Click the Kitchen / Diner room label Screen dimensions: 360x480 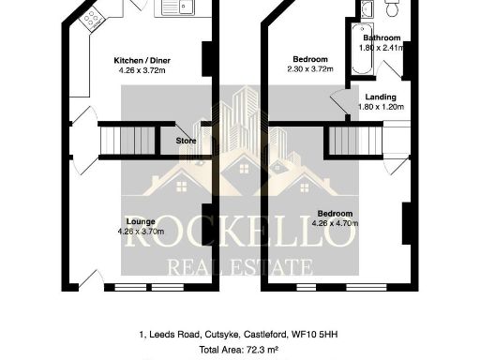(136, 58)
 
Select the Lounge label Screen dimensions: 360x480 (141, 221)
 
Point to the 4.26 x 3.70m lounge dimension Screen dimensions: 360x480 (141, 231)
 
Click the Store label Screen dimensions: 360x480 (187, 142)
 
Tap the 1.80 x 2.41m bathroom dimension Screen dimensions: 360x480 (382, 47)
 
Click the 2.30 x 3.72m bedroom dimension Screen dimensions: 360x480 (310, 68)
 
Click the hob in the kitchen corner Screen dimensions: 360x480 (92, 17)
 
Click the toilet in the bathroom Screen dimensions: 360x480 (392, 8)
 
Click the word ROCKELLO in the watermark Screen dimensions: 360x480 (239, 235)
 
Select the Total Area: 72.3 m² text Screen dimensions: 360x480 (239, 349)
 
